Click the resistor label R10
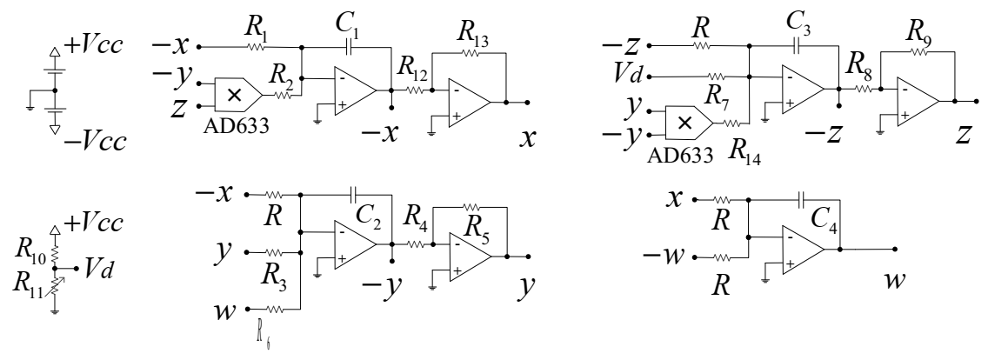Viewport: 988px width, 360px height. point(30,254)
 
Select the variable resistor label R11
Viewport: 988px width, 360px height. point(30,283)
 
